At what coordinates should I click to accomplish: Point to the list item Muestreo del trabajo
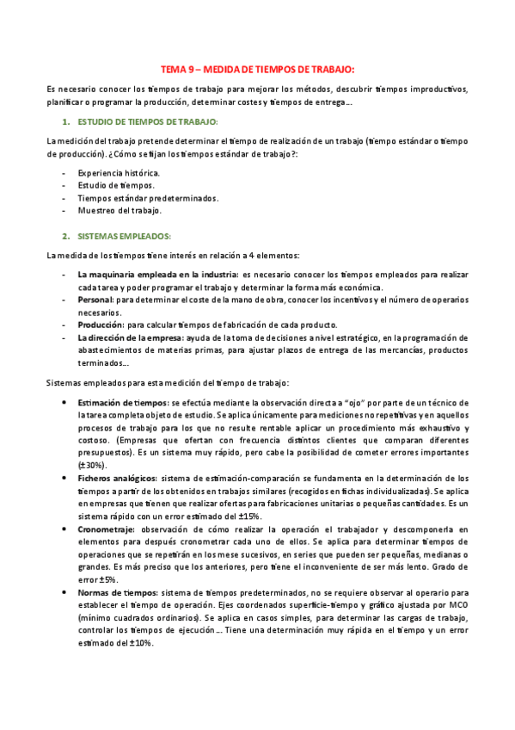pos(120,209)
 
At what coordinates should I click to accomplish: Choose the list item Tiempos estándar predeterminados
pos(148,197)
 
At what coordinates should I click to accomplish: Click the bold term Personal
pos(95,299)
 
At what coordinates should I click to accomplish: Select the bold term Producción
pos(101,325)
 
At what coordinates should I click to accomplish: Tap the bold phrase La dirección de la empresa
pos(134,337)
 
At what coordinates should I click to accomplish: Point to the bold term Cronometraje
pos(106,529)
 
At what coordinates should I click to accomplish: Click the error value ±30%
pos(92,464)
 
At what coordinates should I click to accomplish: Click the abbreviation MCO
pos(459,605)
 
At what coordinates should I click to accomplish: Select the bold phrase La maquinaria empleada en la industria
pos(157,274)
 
